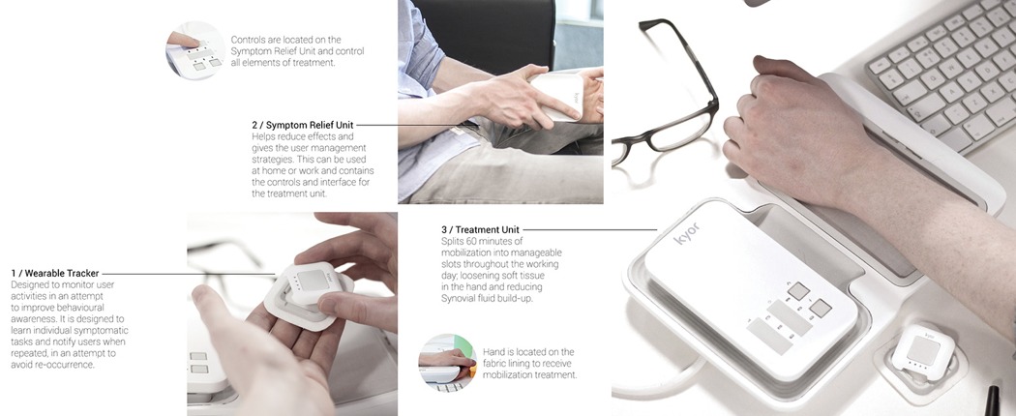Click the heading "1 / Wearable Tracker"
click(x=55, y=274)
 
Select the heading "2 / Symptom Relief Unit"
click(x=303, y=125)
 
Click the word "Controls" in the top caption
click(x=249, y=40)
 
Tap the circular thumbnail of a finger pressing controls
click(x=195, y=50)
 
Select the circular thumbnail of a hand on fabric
click(x=447, y=362)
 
